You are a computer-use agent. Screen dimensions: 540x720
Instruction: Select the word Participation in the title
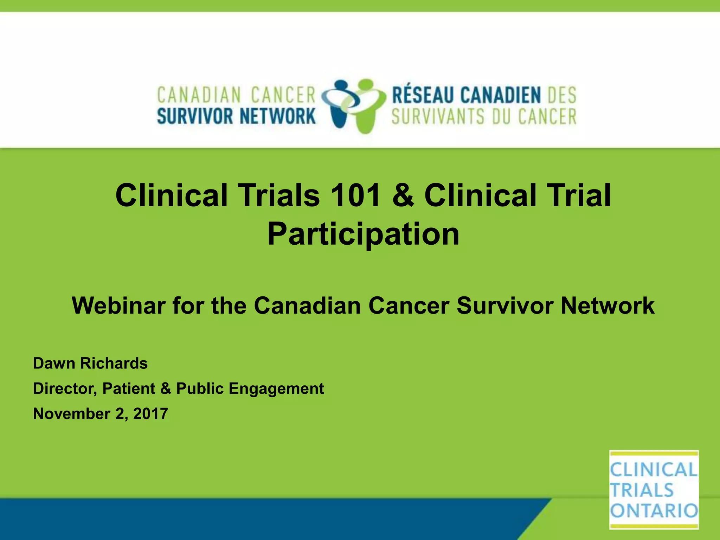tap(363, 234)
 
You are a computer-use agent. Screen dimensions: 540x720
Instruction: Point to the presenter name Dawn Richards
tap(90, 363)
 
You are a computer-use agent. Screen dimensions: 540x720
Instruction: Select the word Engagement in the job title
tap(276, 389)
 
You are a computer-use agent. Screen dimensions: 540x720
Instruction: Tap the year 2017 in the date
tap(150, 414)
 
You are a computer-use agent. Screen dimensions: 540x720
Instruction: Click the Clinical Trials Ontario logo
tap(654, 489)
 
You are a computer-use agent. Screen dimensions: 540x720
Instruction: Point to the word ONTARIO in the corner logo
tap(654, 510)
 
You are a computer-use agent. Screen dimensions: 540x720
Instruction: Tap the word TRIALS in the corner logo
tap(642, 490)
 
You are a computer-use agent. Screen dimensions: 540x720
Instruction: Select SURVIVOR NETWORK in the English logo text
tap(236, 117)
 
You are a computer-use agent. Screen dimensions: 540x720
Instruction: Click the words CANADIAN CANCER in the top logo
tap(236, 95)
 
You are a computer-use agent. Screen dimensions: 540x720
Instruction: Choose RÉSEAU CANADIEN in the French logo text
tap(466, 95)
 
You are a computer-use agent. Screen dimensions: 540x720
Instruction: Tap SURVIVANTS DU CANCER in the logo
tap(484, 117)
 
